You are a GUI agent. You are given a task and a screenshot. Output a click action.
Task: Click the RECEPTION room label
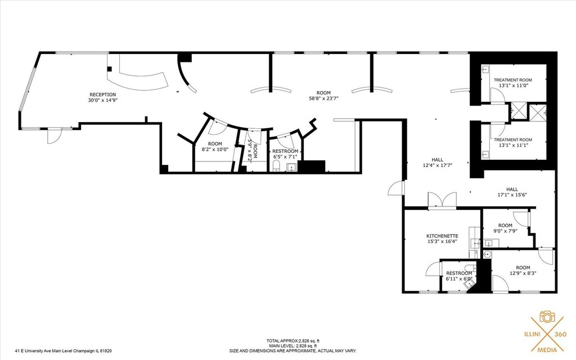(103, 97)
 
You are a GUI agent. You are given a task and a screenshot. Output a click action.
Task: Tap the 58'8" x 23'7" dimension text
(323, 98)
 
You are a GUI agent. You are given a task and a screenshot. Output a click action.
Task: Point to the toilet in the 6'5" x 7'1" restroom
(276, 166)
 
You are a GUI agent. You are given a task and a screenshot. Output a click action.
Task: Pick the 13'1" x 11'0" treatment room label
(513, 83)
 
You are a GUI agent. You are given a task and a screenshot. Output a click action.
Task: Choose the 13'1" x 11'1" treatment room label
(513, 142)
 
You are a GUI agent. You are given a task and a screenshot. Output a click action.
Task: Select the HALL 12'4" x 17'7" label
(437, 163)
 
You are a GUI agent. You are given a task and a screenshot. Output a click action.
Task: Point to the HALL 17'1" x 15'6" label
(512, 192)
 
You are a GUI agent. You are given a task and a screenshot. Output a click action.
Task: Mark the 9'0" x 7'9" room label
(505, 228)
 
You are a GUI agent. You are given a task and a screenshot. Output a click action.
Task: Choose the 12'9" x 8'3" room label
(523, 271)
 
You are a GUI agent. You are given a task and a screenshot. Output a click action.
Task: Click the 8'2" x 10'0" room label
(215, 147)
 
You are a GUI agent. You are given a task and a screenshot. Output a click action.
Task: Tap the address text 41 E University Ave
(63, 351)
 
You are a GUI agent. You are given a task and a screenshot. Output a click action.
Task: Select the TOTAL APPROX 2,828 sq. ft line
(295, 341)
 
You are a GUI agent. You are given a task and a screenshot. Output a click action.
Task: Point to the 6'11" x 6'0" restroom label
(459, 276)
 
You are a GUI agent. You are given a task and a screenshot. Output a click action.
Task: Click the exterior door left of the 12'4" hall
(396, 188)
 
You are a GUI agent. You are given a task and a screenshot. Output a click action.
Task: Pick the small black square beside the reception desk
(109, 69)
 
